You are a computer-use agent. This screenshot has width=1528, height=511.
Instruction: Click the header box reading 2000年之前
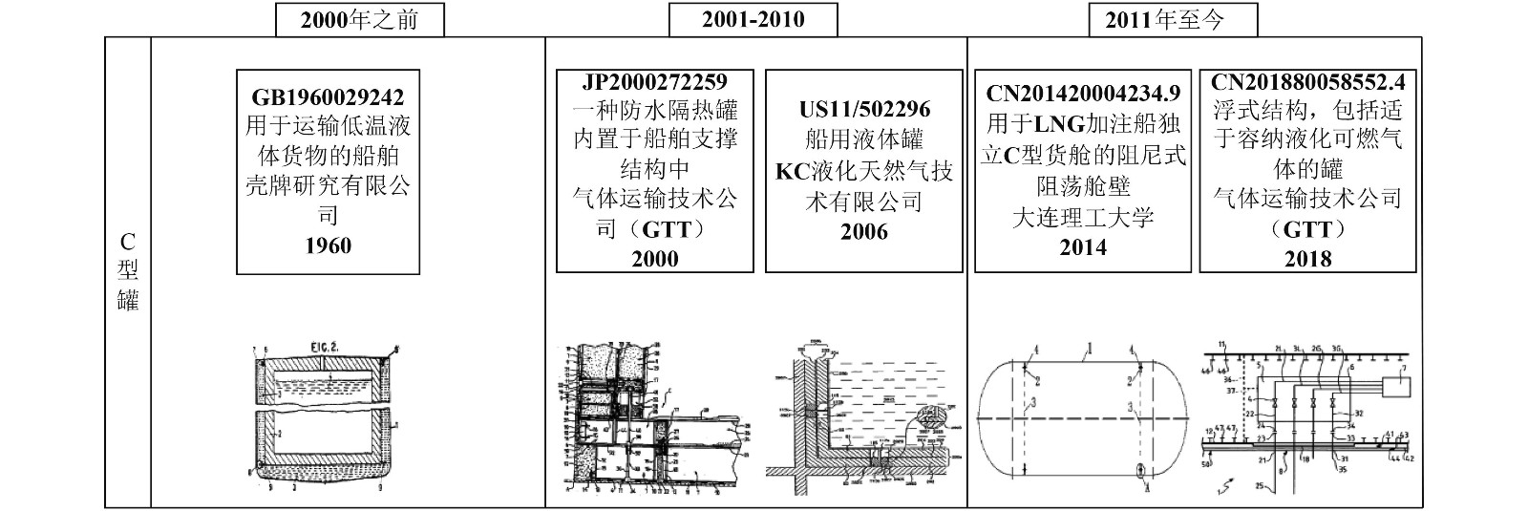coord(359,20)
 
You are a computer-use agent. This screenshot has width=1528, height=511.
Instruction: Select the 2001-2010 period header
coord(753,20)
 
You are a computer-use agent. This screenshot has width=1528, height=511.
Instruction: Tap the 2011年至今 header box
coord(1172,20)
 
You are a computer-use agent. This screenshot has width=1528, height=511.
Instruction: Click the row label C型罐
coord(128,271)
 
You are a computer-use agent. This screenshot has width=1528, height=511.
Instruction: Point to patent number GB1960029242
coord(328,97)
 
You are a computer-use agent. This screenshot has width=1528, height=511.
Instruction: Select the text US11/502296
coord(864,110)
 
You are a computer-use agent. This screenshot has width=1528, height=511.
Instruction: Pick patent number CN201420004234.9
coord(1083,94)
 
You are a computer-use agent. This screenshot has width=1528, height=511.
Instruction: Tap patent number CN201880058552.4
coord(1308,82)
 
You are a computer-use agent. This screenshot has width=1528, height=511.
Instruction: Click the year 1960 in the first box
coord(328,245)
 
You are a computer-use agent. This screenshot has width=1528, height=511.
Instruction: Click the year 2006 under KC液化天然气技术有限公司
coord(864,232)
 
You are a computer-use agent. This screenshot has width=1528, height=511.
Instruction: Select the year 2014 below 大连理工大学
coord(1083,247)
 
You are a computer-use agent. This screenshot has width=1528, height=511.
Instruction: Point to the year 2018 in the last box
coord(1308,259)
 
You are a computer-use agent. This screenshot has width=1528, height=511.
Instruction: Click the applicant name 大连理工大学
coord(1083,217)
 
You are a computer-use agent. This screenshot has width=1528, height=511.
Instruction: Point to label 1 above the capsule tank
coord(1086,351)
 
